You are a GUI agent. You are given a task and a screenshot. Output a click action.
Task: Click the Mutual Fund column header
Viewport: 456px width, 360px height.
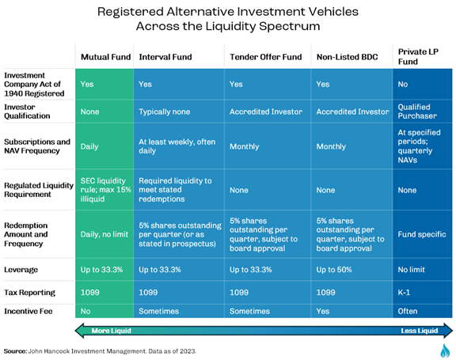click(105, 57)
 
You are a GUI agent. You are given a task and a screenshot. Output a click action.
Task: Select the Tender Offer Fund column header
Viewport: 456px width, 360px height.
click(266, 57)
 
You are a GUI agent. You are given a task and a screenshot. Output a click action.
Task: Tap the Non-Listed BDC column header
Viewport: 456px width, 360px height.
click(348, 57)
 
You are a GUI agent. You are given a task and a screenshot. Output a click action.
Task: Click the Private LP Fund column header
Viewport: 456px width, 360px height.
click(418, 57)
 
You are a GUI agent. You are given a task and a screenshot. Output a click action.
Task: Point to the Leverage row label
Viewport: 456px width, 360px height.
click(21, 270)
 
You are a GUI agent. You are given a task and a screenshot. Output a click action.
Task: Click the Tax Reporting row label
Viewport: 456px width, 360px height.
click(29, 292)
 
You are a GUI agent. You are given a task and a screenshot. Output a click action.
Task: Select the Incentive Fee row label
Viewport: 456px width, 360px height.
click(28, 311)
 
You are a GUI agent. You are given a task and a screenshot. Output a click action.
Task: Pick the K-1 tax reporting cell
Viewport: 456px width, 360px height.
click(404, 292)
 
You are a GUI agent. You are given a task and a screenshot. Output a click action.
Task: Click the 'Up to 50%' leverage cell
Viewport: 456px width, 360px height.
click(334, 270)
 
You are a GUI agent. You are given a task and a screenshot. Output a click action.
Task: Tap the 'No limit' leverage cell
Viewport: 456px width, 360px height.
click(411, 270)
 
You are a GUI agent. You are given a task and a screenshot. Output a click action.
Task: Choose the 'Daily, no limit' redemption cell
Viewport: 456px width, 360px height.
click(104, 234)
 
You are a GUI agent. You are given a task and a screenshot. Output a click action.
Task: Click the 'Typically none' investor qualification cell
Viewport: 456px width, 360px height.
click(165, 112)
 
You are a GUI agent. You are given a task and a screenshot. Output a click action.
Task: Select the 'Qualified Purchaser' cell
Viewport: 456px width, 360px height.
click(417, 112)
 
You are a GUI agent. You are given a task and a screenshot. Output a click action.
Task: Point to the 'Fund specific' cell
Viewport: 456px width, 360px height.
click(422, 234)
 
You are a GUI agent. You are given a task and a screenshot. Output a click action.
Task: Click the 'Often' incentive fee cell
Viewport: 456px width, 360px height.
click(408, 311)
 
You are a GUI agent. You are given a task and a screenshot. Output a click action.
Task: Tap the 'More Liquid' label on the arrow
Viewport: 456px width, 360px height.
click(112, 331)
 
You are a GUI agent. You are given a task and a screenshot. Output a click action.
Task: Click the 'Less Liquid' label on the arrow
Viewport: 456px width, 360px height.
click(420, 331)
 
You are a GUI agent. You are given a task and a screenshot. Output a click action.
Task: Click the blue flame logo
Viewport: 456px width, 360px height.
click(445, 351)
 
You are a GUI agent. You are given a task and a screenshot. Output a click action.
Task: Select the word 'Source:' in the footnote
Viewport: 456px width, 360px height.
click(15, 351)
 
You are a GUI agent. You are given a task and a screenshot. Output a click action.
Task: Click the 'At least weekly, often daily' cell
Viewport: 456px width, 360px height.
click(177, 146)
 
